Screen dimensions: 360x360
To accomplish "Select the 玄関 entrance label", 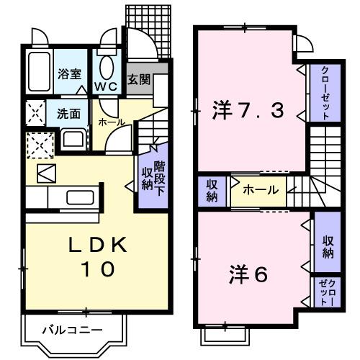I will pyautogui.click(x=138, y=79).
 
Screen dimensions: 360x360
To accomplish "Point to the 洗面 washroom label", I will pyautogui.click(x=68, y=113).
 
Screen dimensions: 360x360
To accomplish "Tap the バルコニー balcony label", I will pyautogui.click(x=71, y=331).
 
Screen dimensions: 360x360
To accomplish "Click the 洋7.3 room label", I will pyautogui.click(x=248, y=112).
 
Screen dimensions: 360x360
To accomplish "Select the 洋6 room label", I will pyautogui.click(x=248, y=274).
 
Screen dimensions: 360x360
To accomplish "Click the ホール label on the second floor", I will pyautogui.click(x=257, y=191).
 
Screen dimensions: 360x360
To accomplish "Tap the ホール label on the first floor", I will pyautogui.click(x=112, y=123).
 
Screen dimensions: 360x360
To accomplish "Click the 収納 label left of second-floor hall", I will pyautogui.click(x=212, y=190).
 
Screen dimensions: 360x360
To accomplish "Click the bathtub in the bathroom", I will pyautogui.click(x=37, y=73).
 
